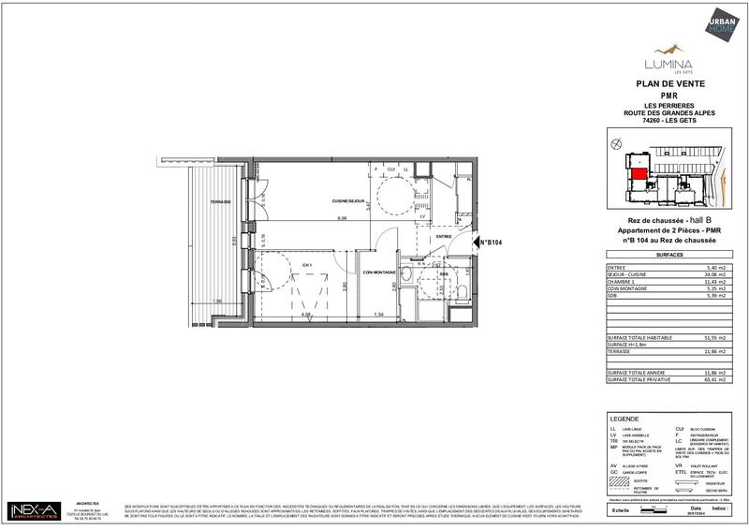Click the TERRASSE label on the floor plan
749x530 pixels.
tap(220, 202)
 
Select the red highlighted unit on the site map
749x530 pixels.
tap(637, 171)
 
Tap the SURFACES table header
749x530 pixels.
tap(669, 254)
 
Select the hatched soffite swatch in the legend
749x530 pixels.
tap(623, 479)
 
